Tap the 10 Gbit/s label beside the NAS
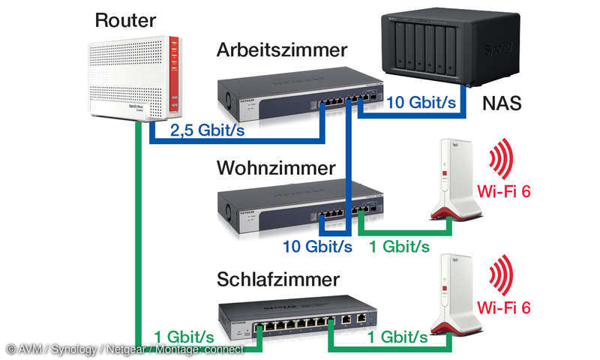pyautogui.click(x=421, y=103)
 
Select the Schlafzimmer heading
pyautogui.click(x=277, y=280)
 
